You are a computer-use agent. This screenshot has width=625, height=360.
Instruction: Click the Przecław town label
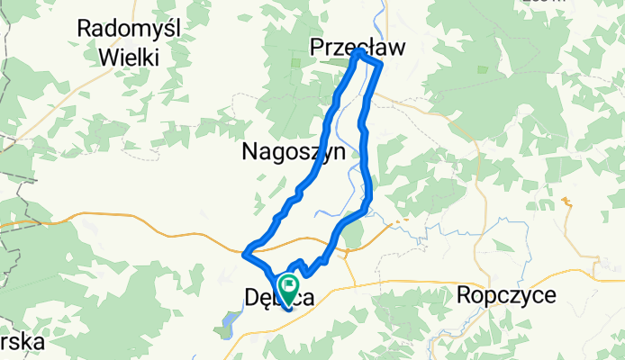click(x=358, y=48)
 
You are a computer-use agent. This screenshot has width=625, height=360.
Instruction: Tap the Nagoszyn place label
click(x=294, y=153)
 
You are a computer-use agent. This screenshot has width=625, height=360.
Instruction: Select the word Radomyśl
click(x=130, y=29)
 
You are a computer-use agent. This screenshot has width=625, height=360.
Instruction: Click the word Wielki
click(x=131, y=58)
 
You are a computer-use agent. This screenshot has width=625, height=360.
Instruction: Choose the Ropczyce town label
click(x=507, y=294)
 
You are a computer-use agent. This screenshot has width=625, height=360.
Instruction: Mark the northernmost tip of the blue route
click(x=359, y=52)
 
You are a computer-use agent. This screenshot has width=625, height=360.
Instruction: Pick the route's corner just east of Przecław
click(x=381, y=64)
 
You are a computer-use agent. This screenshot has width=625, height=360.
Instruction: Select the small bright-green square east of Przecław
click(x=483, y=70)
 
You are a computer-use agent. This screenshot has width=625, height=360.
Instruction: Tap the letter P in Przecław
click(x=316, y=48)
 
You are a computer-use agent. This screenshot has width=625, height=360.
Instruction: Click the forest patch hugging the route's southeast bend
click(x=354, y=235)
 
